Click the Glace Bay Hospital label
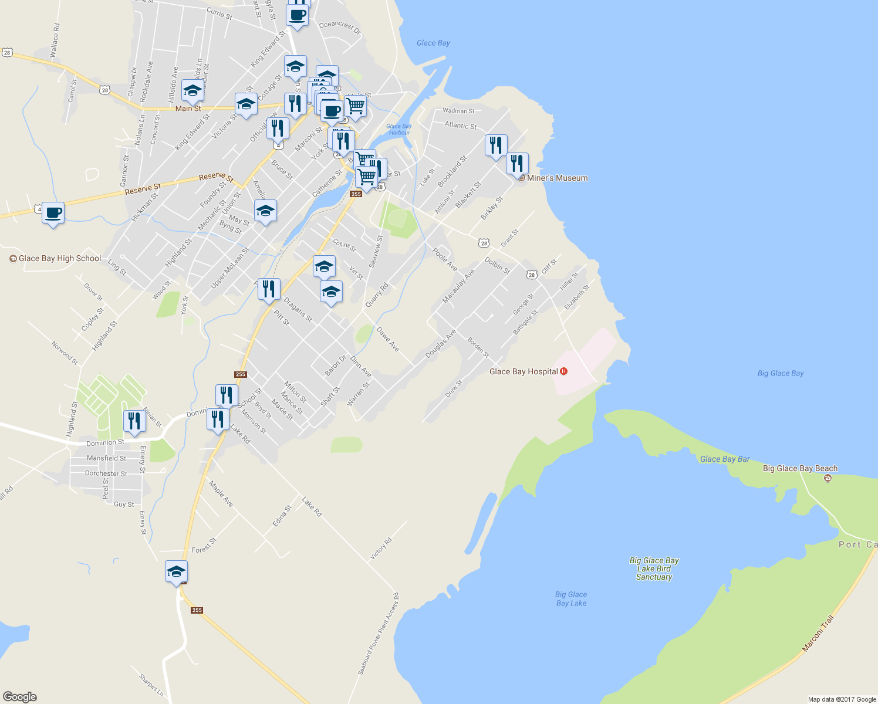click(524, 371)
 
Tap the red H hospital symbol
click(564, 371)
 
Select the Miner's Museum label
click(557, 178)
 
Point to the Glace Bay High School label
click(60, 258)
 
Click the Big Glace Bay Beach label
click(800, 468)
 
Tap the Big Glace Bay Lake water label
click(571, 599)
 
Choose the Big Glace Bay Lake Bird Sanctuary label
click(654, 568)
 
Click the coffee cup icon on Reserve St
click(53, 212)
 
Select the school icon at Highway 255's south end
click(176, 571)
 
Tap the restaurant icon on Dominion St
click(135, 421)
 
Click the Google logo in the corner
click(20, 697)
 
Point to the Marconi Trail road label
click(818, 633)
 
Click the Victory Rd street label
click(381, 549)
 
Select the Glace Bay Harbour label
click(399, 129)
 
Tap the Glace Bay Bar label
click(725, 459)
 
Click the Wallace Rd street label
click(55, 40)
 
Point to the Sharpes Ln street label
click(151, 685)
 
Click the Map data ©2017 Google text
click(842, 699)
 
